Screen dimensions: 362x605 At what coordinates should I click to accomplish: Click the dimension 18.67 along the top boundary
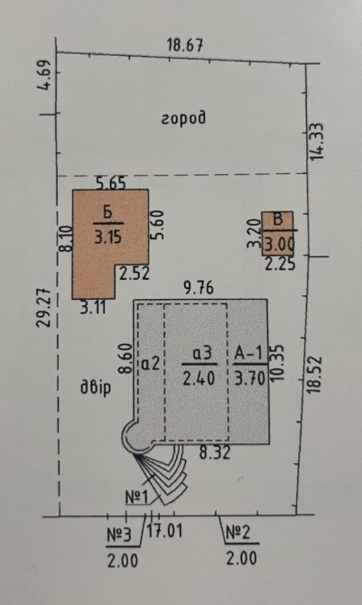pyautogui.click(x=185, y=45)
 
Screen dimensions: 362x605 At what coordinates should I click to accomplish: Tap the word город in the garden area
pyautogui.click(x=183, y=118)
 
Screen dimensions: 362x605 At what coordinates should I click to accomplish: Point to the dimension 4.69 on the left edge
pyautogui.click(x=46, y=75)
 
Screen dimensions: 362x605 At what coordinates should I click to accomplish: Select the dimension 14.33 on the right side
pyautogui.click(x=317, y=142)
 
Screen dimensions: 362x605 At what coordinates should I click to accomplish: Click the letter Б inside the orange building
pyautogui.click(x=107, y=213)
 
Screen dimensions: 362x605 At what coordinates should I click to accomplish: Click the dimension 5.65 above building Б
pyautogui.click(x=111, y=182)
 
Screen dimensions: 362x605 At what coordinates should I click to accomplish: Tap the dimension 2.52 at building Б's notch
pyautogui.click(x=134, y=274)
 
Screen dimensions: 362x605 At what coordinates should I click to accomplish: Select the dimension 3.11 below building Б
pyautogui.click(x=93, y=308)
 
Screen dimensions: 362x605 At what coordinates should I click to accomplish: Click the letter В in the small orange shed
pyautogui.click(x=277, y=219)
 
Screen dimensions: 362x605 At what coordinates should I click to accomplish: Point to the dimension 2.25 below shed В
pyautogui.click(x=281, y=264)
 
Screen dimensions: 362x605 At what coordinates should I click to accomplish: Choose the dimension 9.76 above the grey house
pyautogui.click(x=199, y=288)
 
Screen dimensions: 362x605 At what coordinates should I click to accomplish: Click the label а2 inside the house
pyautogui.click(x=151, y=364)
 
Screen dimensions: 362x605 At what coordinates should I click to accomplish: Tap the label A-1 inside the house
pyautogui.click(x=249, y=353)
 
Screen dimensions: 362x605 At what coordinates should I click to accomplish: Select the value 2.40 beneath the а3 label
pyautogui.click(x=199, y=378)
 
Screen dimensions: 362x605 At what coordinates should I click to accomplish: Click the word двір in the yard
pyautogui.click(x=96, y=387)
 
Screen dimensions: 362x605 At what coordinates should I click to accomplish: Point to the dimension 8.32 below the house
pyautogui.click(x=215, y=452)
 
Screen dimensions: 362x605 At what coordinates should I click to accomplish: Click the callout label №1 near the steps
pyautogui.click(x=136, y=498)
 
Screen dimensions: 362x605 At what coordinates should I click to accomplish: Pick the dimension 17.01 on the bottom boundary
pyautogui.click(x=164, y=531)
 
